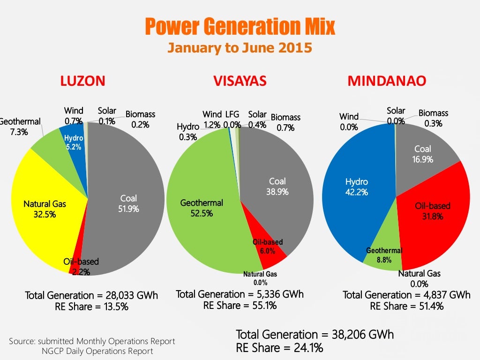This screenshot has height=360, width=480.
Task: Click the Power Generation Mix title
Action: coord(240,27)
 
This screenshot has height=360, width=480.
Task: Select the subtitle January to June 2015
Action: coord(240,48)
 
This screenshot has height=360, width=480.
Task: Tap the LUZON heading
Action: coord(82,81)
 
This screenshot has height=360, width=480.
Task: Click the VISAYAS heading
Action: coord(240,81)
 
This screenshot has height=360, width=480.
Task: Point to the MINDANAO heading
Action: coord(387,81)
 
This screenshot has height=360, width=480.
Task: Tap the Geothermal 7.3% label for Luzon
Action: coord(20,127)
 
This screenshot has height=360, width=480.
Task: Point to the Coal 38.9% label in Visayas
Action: coord(277,186)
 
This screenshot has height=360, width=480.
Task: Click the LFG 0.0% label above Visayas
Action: coord(232,120)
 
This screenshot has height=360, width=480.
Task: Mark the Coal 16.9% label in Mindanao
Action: coord(422,154)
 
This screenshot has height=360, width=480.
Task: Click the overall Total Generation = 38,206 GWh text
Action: coord(315,335)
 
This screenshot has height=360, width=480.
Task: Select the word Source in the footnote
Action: coord(22,341)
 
